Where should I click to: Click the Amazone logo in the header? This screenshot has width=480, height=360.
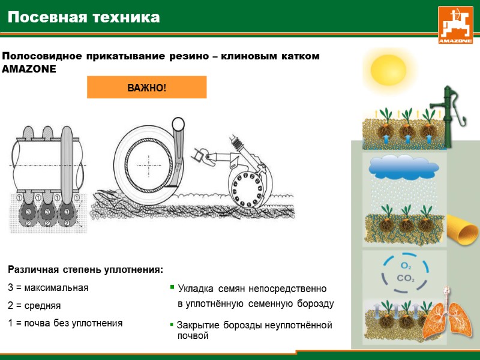(455, 25)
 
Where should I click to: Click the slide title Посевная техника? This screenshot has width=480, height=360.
(84, 17)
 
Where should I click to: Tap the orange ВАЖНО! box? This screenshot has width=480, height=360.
(147, 88)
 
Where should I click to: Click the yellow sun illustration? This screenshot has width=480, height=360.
(388, 70)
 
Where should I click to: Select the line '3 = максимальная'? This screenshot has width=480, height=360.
(48, 287)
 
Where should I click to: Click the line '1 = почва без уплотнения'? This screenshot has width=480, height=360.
(65, 323)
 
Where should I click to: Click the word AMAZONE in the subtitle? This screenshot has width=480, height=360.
(29, 69)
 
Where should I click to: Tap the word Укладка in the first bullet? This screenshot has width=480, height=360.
(196, 289)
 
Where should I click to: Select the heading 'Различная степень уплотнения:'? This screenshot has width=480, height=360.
(86, 269)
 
